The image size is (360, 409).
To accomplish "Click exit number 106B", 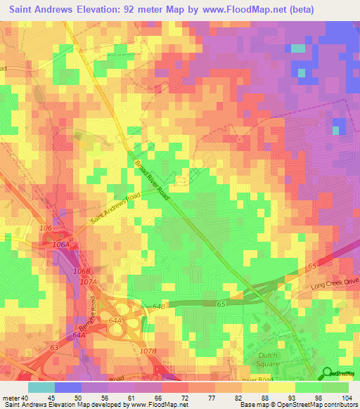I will tap(82, 271).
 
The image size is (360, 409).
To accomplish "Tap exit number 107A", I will tap(88, 282).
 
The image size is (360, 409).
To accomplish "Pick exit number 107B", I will tap(148, 351).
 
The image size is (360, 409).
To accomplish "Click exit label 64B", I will tap(158, 306).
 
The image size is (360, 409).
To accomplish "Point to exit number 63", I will tap(53, 347).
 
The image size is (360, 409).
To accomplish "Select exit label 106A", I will tap(62, 244).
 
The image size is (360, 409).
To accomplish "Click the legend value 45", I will tap(41, 398).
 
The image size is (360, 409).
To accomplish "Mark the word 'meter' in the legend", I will tap(11, 398).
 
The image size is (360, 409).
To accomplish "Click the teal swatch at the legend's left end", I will tap(41, 387).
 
